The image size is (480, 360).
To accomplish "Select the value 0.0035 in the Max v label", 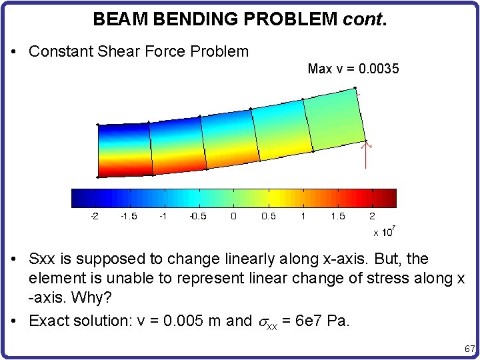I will click(x=379, y=69).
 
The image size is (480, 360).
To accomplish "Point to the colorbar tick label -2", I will click(x=94, y=216).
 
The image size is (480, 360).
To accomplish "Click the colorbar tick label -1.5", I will click(x=128, y=216).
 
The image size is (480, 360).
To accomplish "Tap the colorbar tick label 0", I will click(x=233, y=216).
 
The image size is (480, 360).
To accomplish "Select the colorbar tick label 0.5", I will click(x=268, y=216).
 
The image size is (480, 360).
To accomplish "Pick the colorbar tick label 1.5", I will click(x=337, y=216).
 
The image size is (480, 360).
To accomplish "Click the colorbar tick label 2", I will click(x=372, y=216).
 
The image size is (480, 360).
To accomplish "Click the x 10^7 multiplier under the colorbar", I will click(x=385, y=231).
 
